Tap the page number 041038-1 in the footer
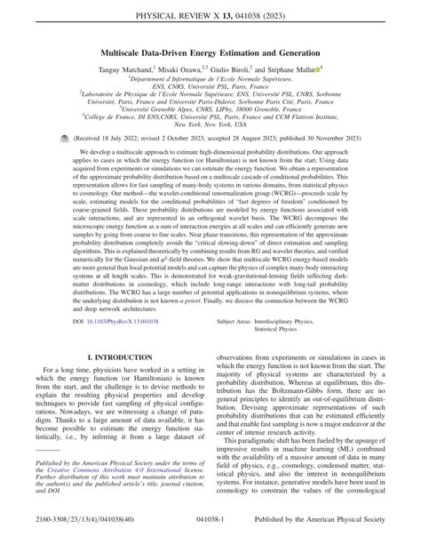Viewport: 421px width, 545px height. [211, 533]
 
